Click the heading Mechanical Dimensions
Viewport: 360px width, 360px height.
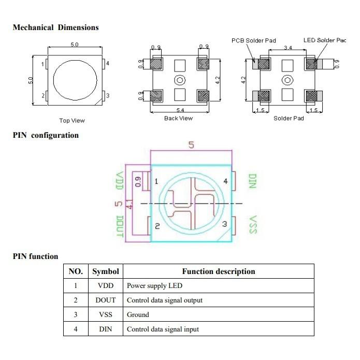[55, 27]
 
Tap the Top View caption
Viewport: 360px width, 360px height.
[72, 121]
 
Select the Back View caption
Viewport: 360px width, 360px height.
[178, 118]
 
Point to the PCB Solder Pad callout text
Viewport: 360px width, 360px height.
[253, 40]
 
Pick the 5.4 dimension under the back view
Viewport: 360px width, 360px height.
[180, 110]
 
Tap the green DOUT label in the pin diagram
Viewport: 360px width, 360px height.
[120, 226]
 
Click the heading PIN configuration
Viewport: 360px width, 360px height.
[46, 135]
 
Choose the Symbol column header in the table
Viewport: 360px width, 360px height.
[106, 271]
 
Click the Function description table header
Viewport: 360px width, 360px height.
[218, 271]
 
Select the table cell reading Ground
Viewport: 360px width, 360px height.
[138, 314]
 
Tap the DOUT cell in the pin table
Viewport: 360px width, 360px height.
[106, 300]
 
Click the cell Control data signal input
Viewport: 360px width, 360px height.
[163, 329]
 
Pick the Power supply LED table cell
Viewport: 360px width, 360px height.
[154, 285]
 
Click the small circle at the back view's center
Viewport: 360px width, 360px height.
[180, 80]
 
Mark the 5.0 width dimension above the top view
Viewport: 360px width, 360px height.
[75, 45]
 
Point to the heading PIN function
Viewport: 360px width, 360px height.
[35, 256]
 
